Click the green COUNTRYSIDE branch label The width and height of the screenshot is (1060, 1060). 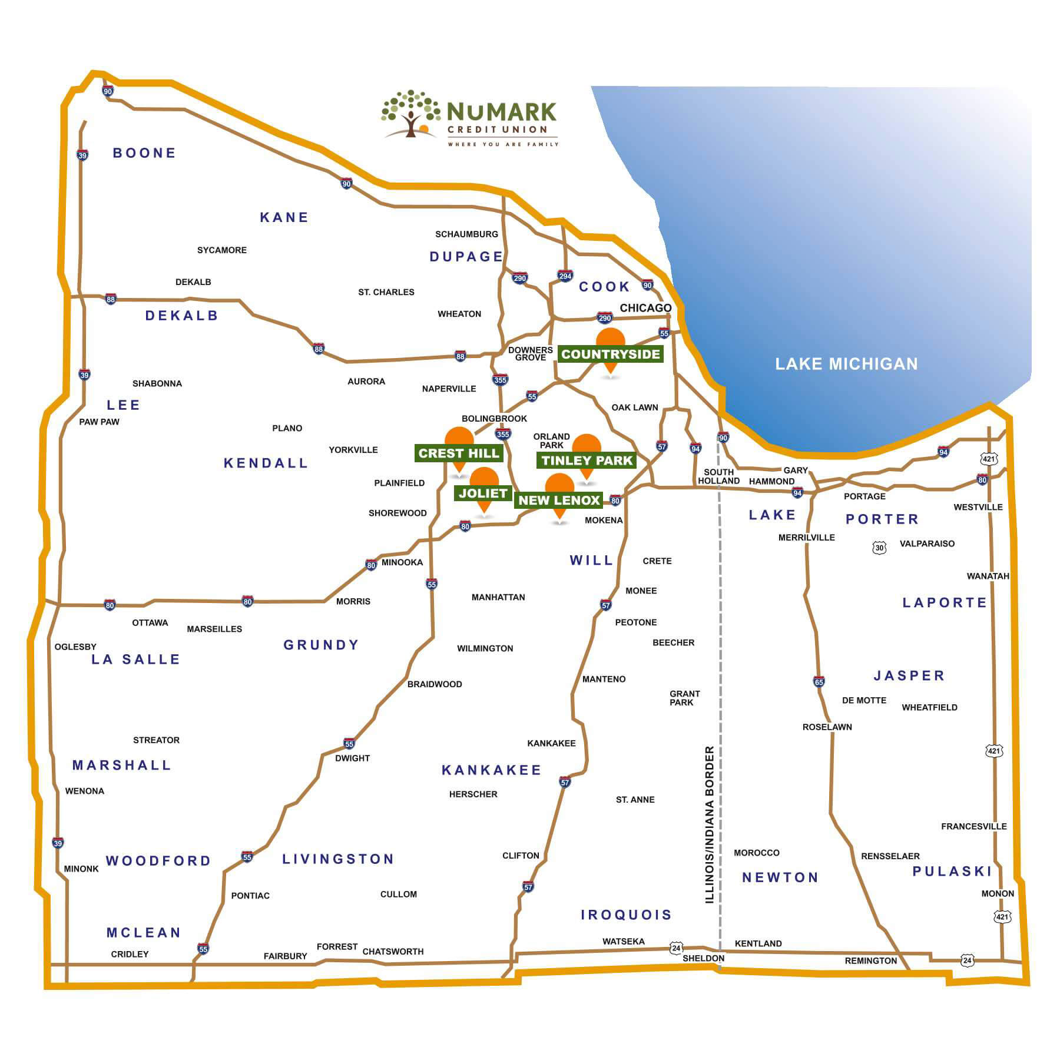point(610,354)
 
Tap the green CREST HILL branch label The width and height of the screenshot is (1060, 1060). point(459,453)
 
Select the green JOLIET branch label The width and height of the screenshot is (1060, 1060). point(483,493)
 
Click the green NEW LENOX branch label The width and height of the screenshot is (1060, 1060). point(559,500)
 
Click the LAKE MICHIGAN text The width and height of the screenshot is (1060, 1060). point(846,364)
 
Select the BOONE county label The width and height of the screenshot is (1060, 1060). point(144,153)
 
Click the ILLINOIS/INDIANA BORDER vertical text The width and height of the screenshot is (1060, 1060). point(710,824)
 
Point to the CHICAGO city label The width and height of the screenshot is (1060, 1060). point(645,308)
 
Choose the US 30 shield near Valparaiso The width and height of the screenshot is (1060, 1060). point(879,548)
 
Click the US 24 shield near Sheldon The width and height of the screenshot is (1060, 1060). point(676,948)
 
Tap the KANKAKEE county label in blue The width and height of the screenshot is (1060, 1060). point(491,770)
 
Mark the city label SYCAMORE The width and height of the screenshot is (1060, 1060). point(221,250)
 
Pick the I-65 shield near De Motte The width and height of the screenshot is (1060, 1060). point(819,682)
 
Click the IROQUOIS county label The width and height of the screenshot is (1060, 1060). point(626,915)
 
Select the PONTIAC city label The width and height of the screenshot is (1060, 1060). point(250,896)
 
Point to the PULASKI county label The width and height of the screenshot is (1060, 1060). point(952,872)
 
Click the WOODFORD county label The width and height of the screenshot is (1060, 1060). point(158,861)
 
